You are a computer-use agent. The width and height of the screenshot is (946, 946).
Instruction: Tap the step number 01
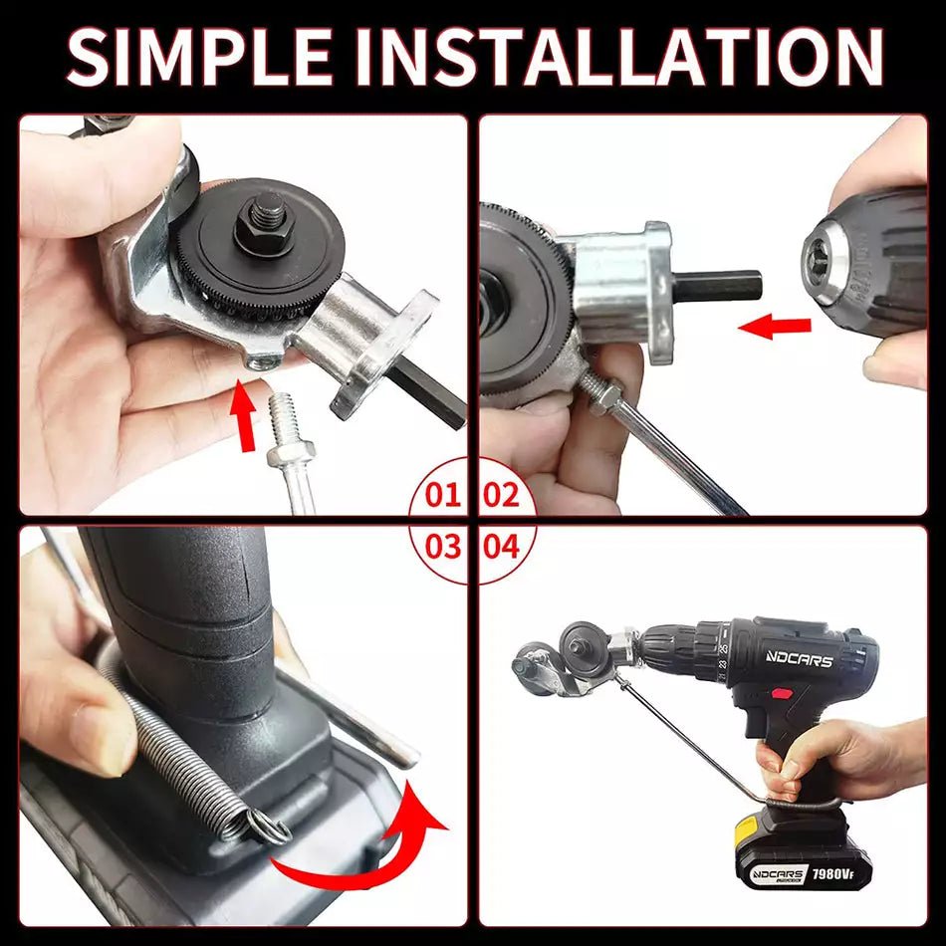tap(444, 495)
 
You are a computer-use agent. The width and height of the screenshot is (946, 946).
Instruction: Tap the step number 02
tap(501, 495)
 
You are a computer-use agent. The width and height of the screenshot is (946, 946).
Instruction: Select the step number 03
tap(444, 547)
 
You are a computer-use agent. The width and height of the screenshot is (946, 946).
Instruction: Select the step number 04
tap(501, 547)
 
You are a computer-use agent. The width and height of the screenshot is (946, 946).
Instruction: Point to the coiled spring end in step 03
tap(262, 826)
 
